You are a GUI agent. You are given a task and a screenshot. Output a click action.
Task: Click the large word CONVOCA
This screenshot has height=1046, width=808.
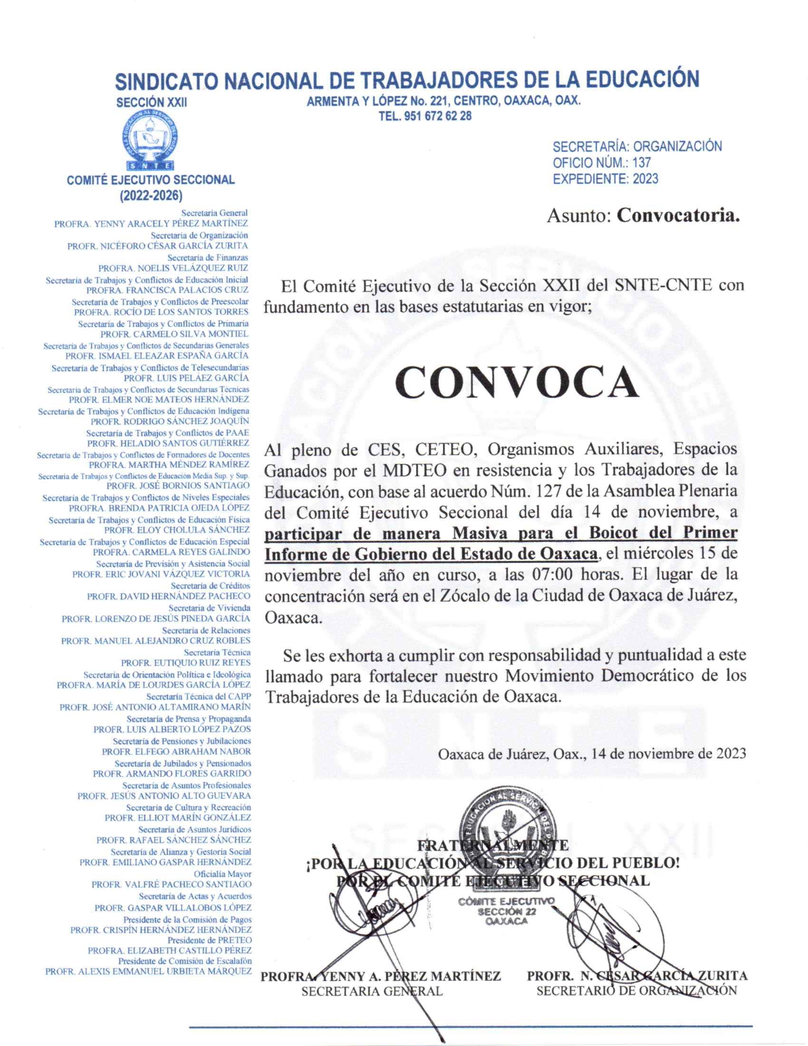(x=516, y=382)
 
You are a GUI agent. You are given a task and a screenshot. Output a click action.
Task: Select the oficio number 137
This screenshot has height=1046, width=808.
(x=641, y=163)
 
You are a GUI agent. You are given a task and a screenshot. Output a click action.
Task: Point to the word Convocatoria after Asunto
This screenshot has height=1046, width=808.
(x=678, y=216)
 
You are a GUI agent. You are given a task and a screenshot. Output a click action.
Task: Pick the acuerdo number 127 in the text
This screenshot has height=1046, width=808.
(x=549, y=491)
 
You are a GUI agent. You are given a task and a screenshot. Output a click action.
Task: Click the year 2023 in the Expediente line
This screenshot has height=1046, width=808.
(x=645, y=179)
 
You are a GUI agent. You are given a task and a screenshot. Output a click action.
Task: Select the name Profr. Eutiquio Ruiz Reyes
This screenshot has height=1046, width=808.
(x=186, y=663)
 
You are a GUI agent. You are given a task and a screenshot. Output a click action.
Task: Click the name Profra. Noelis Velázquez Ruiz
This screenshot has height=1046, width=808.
(x=173, y=268)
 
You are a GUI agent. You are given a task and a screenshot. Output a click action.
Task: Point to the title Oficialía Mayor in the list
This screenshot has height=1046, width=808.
(x=222, y=874)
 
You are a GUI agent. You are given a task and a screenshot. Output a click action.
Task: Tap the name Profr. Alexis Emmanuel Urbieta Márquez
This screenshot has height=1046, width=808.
(x=148, y=971)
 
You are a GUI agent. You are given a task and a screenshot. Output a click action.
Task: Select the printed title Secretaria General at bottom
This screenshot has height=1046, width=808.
(x=371, y=991)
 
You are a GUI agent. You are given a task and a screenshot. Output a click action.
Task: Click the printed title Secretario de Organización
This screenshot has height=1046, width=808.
(x=636, y=991)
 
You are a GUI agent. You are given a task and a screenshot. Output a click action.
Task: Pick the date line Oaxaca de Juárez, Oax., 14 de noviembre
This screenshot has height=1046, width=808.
(x=591, y=754)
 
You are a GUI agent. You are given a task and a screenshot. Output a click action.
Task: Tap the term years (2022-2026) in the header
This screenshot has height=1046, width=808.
(x=151, y=195)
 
